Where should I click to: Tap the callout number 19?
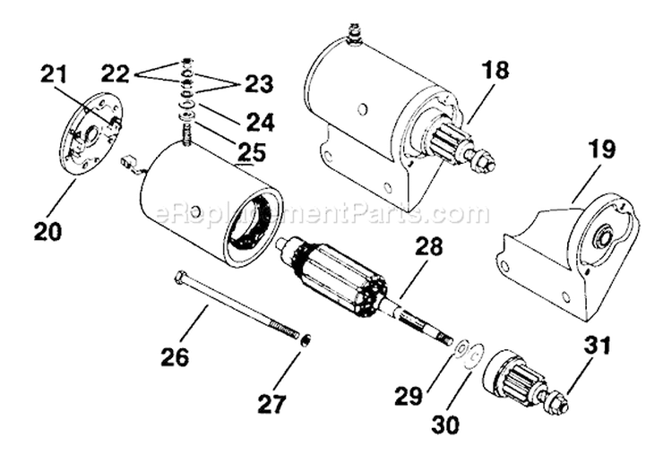pyautogui.click(x=601, y=150)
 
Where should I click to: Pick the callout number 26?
pyautogui.click(x=176, y=356)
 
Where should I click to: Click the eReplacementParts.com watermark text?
pyautogui.click(x=323, y=215)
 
